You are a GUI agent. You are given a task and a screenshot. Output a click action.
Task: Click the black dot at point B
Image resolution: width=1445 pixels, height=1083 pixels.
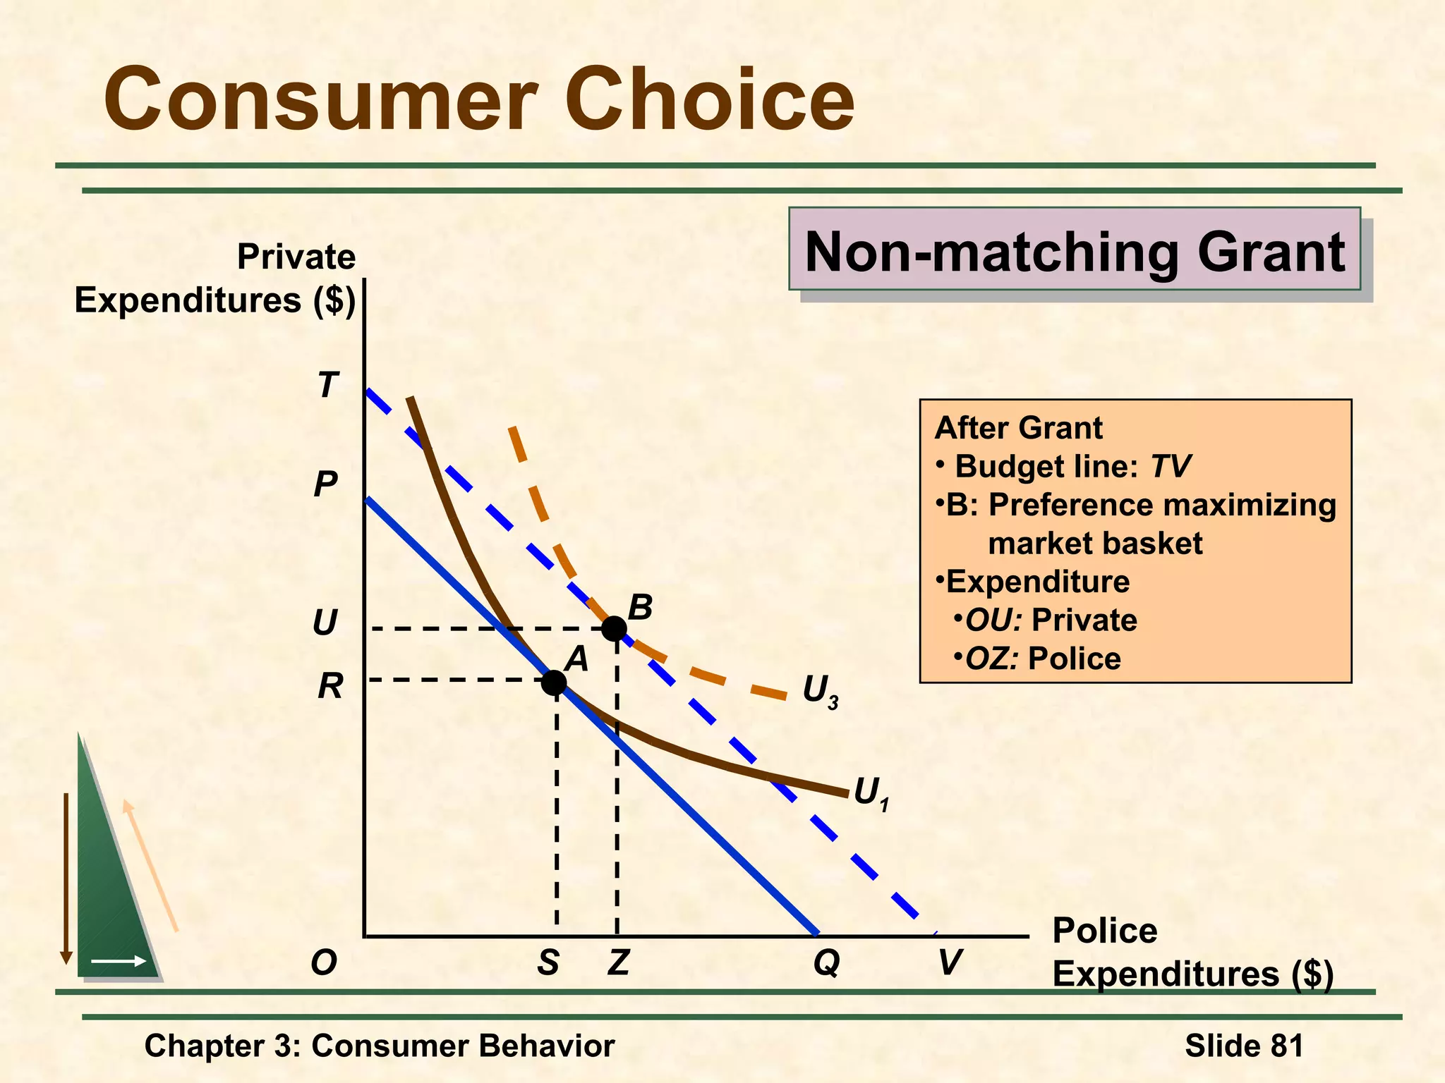tap(614, 628)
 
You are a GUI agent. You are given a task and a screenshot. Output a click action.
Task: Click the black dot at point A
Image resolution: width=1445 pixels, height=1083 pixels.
tap(554, 682)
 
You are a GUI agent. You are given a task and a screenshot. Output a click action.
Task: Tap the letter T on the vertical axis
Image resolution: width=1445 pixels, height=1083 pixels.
tap(328, 386)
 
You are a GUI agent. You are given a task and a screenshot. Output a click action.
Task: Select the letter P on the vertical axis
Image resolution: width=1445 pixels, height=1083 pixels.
tap(325, 484)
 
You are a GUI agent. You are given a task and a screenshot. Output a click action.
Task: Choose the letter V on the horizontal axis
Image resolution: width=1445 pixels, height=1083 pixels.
tap(950, 962)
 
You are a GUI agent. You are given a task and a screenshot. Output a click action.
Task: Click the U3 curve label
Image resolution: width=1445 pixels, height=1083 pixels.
tap(820, 692)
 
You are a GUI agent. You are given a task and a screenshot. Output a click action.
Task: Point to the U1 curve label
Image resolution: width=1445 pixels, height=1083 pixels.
tap(871, 794)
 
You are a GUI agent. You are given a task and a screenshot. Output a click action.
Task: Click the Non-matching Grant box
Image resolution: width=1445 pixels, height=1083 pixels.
tap(1074, 250)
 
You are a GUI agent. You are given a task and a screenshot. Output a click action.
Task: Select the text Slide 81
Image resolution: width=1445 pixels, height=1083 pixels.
tap(1244, 1046)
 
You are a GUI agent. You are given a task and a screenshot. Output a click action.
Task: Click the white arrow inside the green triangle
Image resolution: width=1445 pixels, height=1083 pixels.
tap(118, 961)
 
